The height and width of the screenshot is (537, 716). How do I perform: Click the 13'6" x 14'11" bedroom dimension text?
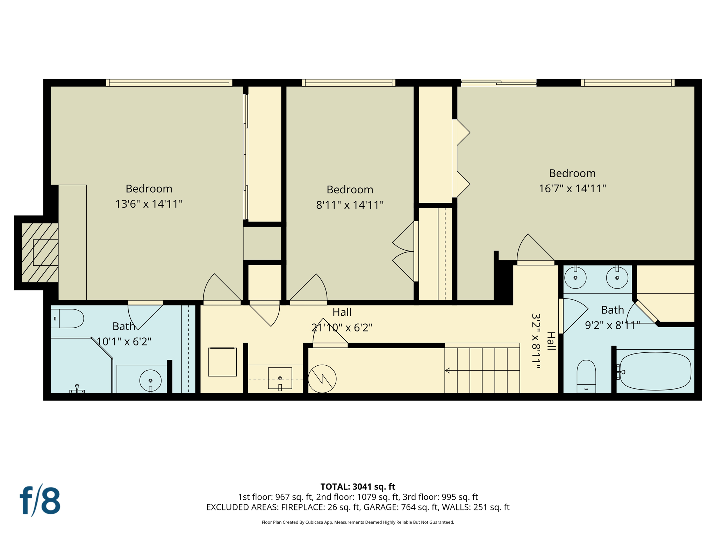click(149, 204)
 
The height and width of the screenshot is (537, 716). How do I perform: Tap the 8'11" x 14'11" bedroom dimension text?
click(350, 205)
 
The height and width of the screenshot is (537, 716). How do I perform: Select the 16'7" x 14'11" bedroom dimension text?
click(572, 189)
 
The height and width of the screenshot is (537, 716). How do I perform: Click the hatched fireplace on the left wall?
click(40, 252)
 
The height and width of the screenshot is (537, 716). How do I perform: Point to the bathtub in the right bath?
click(655, 371)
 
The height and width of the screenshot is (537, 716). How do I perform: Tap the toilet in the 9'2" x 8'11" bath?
click(586, 376)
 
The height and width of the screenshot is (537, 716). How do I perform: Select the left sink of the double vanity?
click(575, 278)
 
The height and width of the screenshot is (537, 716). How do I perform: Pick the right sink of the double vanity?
click(617, 278)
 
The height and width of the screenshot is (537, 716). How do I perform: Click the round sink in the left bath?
click(150, 380)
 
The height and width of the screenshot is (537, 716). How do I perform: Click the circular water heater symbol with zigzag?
click(322, 379)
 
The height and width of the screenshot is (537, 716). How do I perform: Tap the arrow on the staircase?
click(448, 371)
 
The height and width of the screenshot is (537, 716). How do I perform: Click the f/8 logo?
click(40, 501)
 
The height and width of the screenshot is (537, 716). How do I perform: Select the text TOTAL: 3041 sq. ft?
click(358, 487)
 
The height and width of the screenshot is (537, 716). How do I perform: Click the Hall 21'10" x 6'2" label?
click(342, 320)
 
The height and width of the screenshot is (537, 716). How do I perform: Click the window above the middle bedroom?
click(349, 83)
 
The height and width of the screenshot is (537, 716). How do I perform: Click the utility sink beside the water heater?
click(280, 378)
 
